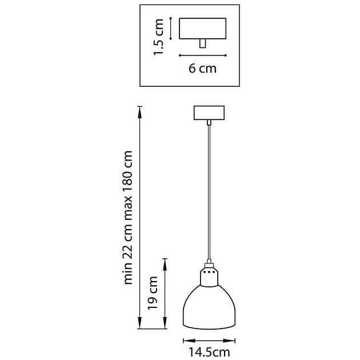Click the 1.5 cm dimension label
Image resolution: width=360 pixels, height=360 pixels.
tap(159, 37)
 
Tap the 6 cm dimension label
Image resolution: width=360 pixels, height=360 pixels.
tap(202, 69)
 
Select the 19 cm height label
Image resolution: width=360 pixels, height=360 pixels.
tap(153, 293)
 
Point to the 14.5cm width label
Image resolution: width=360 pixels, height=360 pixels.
tap(209, 353)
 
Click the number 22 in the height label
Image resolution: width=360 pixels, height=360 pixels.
tap(128, 250)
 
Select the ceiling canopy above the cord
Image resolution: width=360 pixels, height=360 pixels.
tap(209, 113)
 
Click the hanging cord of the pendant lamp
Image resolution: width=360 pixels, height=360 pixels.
tap(209, 192)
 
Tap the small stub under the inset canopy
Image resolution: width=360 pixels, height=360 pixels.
tap(202, 43)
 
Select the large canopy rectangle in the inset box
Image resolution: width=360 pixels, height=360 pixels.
tap(203, 29)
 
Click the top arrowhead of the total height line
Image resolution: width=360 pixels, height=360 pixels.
tap(139, 112)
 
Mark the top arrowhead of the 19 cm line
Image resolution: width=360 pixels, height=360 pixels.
tap(165, 264)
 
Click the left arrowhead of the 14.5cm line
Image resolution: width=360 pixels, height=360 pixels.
tap(189, 341)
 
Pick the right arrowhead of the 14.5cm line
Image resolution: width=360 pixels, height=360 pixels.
tap(229, 341)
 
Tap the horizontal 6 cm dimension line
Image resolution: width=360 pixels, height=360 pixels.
tap(203, 55)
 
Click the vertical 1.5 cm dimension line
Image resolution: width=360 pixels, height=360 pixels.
tap(171, 28)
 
